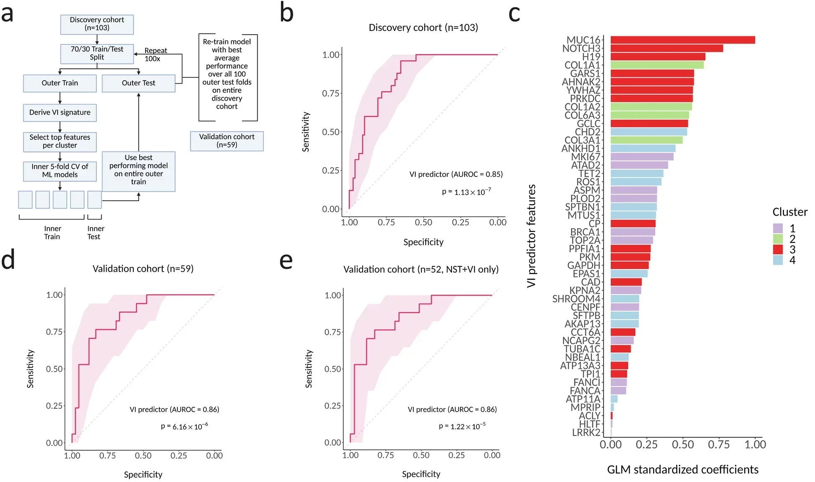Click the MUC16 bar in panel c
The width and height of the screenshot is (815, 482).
coord(682,40)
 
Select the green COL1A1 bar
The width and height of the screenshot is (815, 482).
coord(657,65)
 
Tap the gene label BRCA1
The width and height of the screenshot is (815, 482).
coord(585,232)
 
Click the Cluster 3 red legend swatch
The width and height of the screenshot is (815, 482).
coord(777,250)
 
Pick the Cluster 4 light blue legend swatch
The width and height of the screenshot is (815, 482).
coord(777,260)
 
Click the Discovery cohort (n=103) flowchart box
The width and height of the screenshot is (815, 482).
coord(97,24)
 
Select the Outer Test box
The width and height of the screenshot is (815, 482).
coord(138,83)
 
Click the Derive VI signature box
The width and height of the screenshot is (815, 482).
coord(60,112)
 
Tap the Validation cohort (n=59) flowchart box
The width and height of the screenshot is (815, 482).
coord(227,141)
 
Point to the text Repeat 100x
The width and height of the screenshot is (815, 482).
coord(155,54)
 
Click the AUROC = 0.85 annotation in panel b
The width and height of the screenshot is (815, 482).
coord(456,174)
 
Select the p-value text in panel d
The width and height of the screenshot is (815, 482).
coord(184,426)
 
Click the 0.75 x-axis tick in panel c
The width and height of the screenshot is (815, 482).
coord(718,444)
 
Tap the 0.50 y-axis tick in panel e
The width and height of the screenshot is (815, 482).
coord(333,369)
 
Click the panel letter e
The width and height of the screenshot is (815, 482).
coord(286,260)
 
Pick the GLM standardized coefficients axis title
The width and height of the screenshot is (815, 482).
coord(682,469)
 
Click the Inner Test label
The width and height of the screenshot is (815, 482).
coord(95,232)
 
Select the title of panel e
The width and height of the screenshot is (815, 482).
coord(421,269)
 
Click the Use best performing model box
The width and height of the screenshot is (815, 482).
coord(138,170)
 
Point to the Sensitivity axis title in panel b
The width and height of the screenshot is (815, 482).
coord(306,132)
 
